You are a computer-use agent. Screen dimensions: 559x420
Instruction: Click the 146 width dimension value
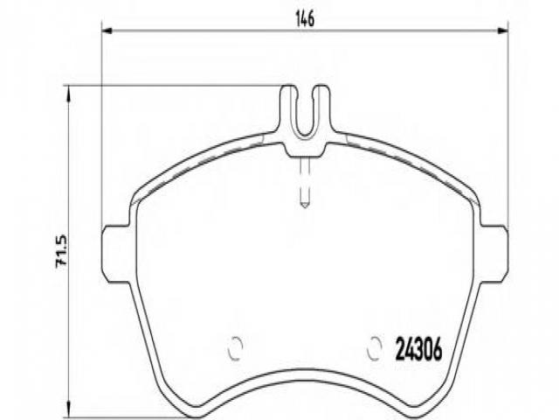tap(305, 19)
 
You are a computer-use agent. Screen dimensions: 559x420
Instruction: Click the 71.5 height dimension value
tap(61, 251)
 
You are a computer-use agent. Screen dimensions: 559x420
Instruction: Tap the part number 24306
tap(419, 349)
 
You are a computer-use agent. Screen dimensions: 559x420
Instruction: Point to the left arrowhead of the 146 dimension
tap(107, 31)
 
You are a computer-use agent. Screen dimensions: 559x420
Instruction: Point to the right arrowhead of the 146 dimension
tap(503, 31)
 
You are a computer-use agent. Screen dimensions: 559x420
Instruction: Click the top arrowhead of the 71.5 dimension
tap(68, 91)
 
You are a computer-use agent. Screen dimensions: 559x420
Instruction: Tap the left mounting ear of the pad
tap(116, 254)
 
